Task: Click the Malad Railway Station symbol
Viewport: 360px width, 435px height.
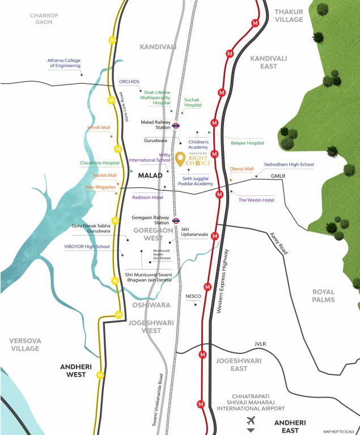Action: [x=176, y=126]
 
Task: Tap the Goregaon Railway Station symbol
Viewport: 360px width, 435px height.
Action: [x=176, y=221]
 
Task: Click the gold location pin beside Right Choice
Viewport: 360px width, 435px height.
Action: [x=180, y=160]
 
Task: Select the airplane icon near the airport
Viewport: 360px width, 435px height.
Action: [x=251, y=420]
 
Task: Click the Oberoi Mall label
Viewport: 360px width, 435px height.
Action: [x=242, y=169]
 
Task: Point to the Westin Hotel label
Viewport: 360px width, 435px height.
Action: [x=256, y=200]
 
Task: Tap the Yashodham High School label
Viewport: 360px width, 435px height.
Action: [x=289, y=164]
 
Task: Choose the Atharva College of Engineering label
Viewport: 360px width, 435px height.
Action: [x=65, y=62]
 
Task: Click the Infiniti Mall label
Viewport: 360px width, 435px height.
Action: [x=99, y=127]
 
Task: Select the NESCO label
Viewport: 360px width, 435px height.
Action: [x=193, y=296]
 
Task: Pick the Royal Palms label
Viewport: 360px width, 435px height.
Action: [x=323, y=296]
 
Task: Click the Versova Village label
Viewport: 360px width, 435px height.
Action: [x=25, y=344]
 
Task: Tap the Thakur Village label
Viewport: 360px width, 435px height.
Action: [x=289, y=15]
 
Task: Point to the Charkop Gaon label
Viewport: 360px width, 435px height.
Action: [x=44, y=19]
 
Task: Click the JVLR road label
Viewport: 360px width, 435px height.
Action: [x=260, y=344]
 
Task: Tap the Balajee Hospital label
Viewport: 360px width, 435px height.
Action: [x=247, y=143]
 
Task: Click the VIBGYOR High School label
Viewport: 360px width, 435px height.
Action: [x=87, y=246]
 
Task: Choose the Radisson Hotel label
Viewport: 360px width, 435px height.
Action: [x=147, y=197]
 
